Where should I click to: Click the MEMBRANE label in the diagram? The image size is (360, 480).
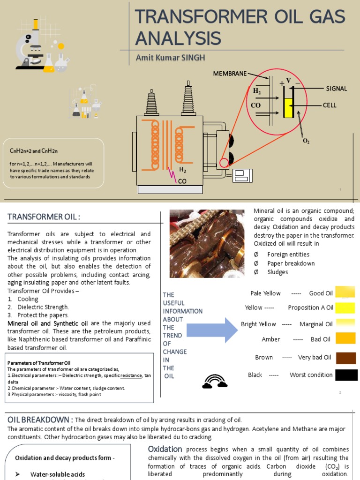tap(230, 74)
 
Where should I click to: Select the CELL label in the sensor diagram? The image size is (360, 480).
tap(330, 105)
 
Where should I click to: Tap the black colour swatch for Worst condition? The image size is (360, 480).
tap(346, 375)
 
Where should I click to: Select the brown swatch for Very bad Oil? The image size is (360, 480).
tap(346, 358)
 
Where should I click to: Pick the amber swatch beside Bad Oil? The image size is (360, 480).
tap(346, 338)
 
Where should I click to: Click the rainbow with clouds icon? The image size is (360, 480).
tap(215, 381)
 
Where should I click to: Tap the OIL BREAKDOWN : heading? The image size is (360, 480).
tap(39, 419)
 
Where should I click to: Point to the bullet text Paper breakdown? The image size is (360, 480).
tap(291, 263)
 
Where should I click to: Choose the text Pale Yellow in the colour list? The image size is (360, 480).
tap(265, 293)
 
